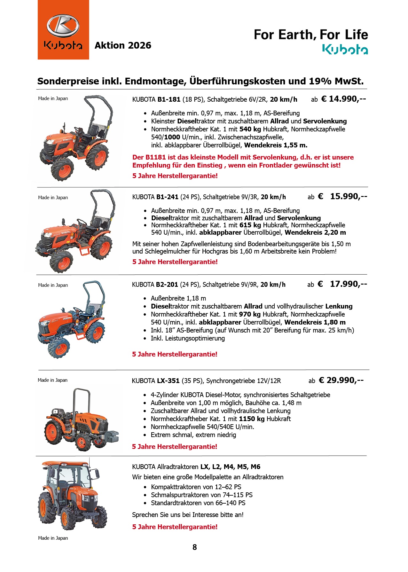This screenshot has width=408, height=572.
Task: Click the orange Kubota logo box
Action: point(63,30)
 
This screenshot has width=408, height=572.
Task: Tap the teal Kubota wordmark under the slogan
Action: point(345,50)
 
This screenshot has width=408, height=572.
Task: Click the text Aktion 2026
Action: point(123,45)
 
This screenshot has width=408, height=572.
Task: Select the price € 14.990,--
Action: point(343,99)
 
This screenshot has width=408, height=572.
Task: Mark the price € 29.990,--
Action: point(341,380)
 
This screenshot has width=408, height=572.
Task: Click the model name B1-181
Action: point(169,99)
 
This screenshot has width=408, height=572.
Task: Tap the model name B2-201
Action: point(167,285)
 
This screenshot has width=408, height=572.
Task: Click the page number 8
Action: point(195,547)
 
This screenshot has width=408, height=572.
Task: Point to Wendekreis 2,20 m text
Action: point(315,232)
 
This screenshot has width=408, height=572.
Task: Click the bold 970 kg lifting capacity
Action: point(250,314)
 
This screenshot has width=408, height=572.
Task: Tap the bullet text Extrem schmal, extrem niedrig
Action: point(193,435)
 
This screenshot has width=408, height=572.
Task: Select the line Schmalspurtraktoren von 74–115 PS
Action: point(202,495)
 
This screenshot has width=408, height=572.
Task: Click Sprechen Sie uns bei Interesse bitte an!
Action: point(188,515)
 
